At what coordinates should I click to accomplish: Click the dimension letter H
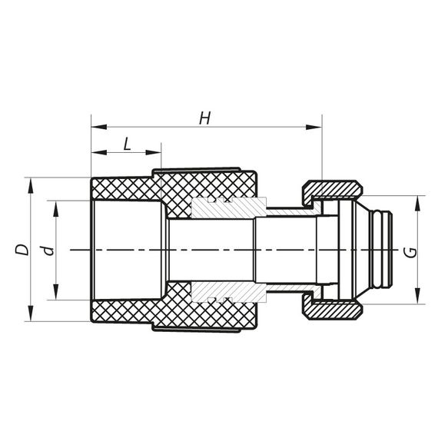click(x=204, y=118)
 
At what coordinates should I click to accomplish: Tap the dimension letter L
click(x=126, y=143)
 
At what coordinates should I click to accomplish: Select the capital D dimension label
click(x=22, y=250)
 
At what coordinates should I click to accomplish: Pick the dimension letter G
click(x=413, y=252)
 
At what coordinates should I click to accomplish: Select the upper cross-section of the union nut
click(x=332, y=190)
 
